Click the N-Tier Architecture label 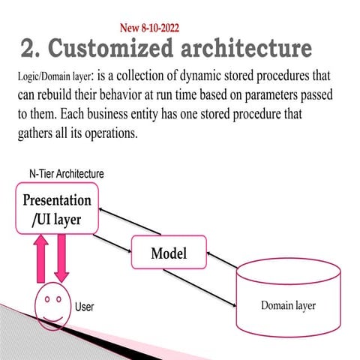(61, 174)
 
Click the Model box (168, 253)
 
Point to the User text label (84, 307)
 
